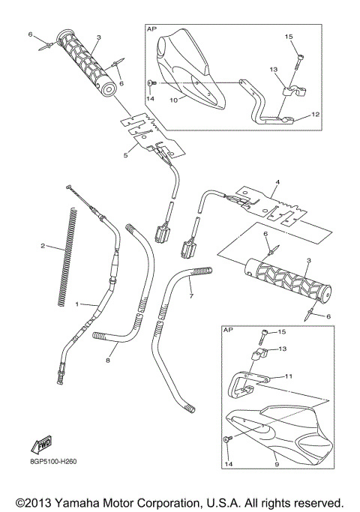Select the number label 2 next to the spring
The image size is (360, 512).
43,246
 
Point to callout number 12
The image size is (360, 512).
314,115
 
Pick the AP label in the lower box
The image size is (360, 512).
228,329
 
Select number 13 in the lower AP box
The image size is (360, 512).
282,349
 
